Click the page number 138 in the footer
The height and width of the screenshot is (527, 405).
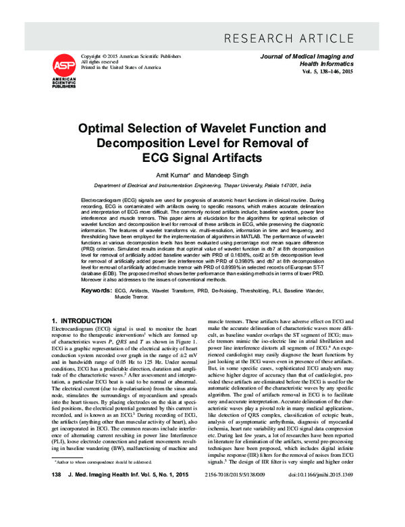57,514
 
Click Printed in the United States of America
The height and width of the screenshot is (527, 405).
121,68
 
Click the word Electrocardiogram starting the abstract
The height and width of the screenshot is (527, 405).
102,202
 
